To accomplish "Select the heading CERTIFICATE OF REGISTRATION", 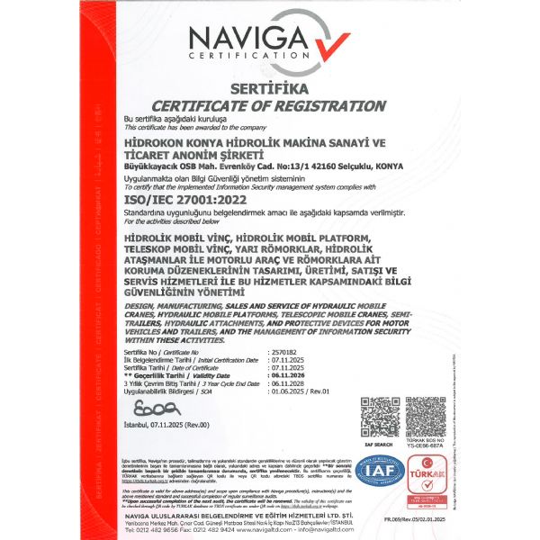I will tap(269, 105).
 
